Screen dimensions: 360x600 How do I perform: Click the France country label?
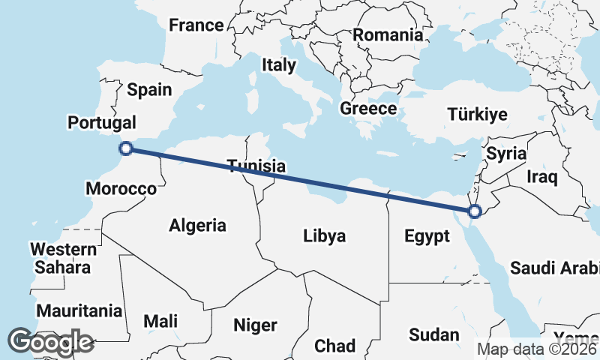[x=196, y=25]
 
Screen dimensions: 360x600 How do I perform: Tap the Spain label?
[x=149, y=90]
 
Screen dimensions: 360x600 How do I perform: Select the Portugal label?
[x=101, y=122]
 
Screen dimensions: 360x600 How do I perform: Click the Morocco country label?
[x=121, y=188]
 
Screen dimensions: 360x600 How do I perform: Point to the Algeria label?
[x=197, y=224]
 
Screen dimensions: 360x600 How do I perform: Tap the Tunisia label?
[x=256, y=166]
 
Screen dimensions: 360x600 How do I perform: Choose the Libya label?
[x=325, y=236]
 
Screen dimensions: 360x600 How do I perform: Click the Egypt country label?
[x=427, y=237]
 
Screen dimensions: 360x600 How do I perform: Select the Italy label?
[x=278, y=65]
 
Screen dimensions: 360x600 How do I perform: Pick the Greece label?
[x=368, y=109]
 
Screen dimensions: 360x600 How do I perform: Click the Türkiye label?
[x=477, y=115]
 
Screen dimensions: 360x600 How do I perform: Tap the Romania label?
[x=388, y=34]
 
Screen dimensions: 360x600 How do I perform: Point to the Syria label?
[x=506, y=154]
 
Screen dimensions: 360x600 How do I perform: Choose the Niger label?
[x=255, y=325]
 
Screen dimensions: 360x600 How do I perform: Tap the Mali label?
[x=160, y=322]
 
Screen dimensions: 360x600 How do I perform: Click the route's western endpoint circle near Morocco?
[x=127, y=148]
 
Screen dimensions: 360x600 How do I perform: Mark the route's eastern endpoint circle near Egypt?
[x=474, y=211]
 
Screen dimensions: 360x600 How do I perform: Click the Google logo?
[x=50, y=342]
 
